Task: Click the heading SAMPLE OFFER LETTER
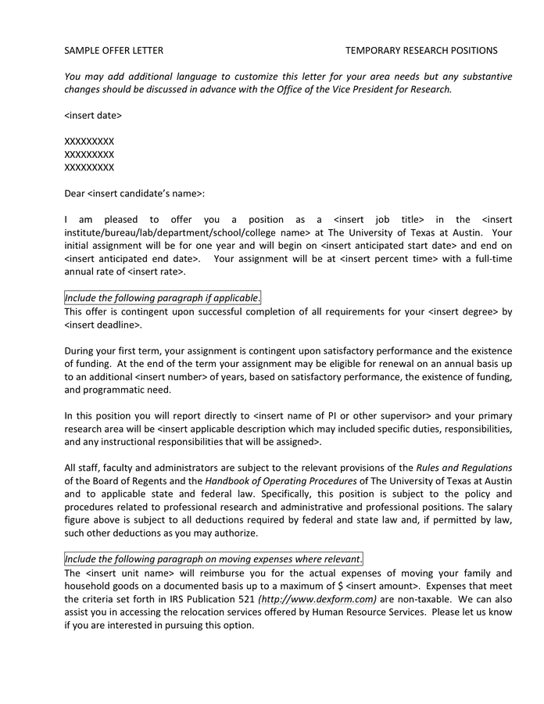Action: pos(114,51)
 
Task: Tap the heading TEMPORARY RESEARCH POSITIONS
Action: pos(421,51)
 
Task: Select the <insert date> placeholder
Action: pos(93,115)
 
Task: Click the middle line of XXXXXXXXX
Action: pos(89,154)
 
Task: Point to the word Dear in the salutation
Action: pos(75,192)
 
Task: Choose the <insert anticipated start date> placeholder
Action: pos(384,246)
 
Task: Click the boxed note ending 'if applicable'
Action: pos(163,298)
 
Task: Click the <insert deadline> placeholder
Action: pos(102,325)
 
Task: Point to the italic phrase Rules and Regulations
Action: pos(464,468)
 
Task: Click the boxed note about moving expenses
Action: pos(213,559)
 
